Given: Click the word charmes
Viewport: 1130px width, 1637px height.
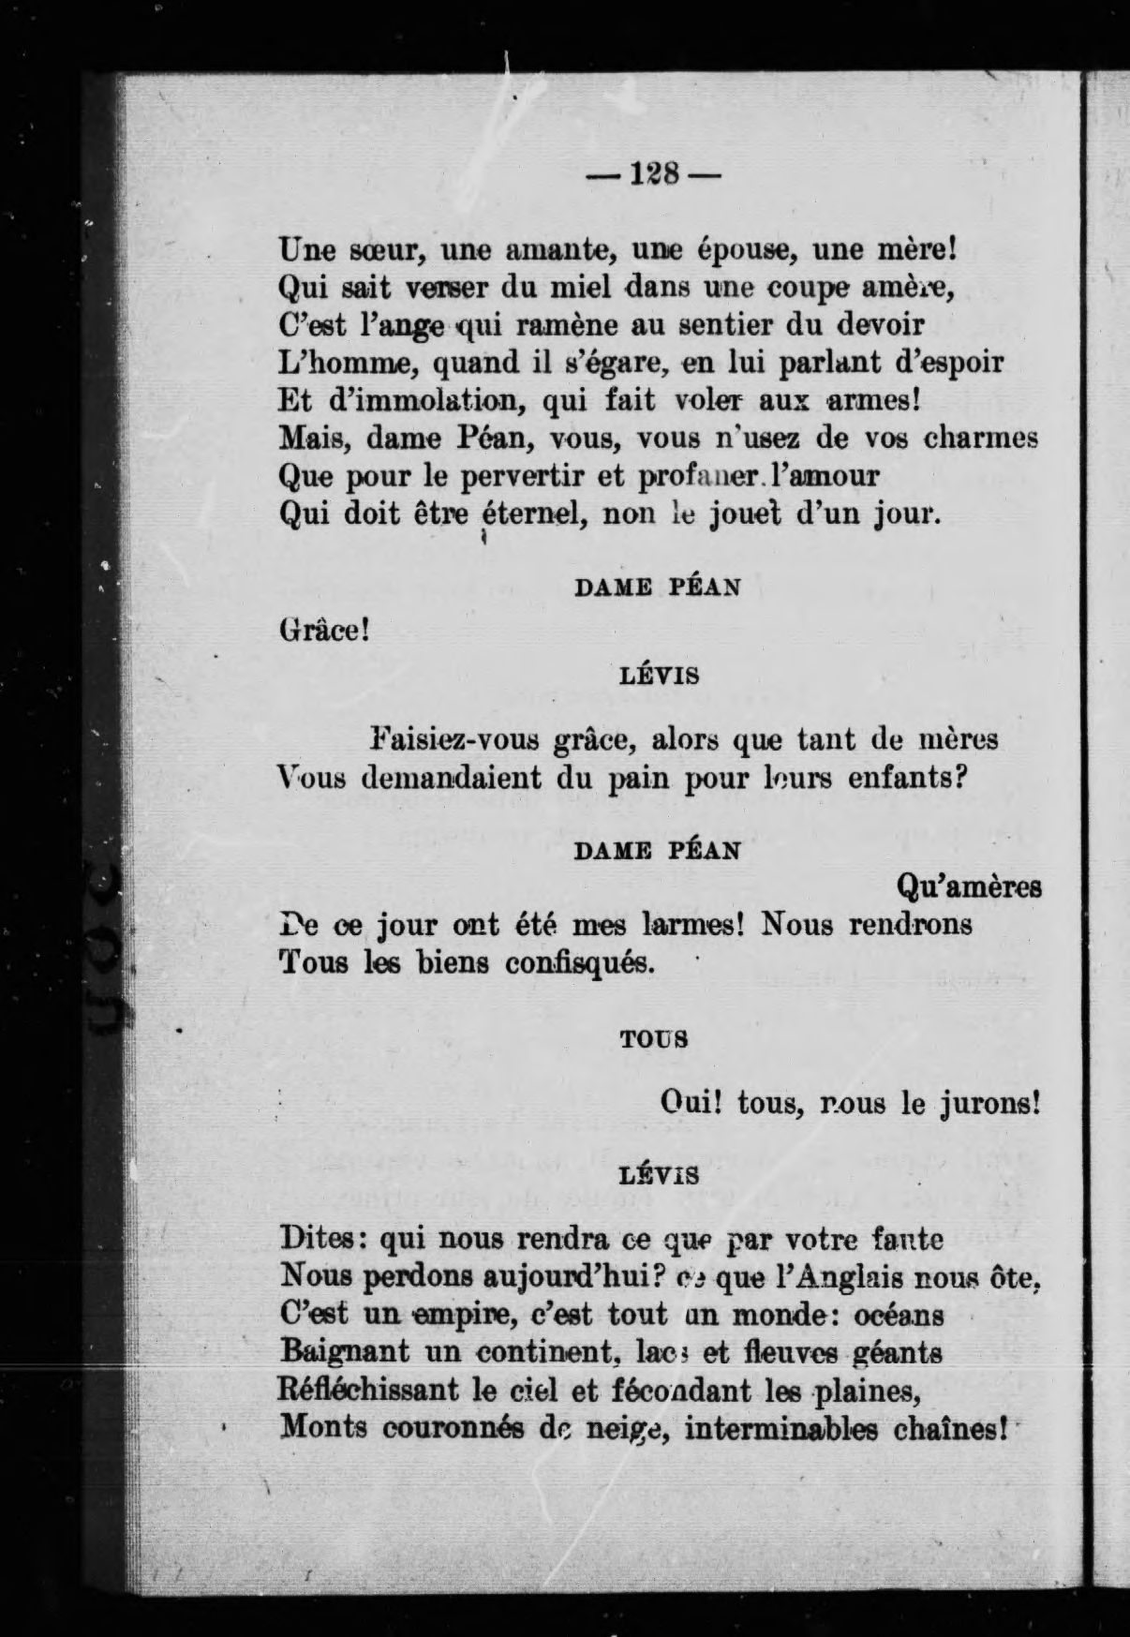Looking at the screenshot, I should pos(981,438).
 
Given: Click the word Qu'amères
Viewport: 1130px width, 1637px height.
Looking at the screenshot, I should pos(969,885).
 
